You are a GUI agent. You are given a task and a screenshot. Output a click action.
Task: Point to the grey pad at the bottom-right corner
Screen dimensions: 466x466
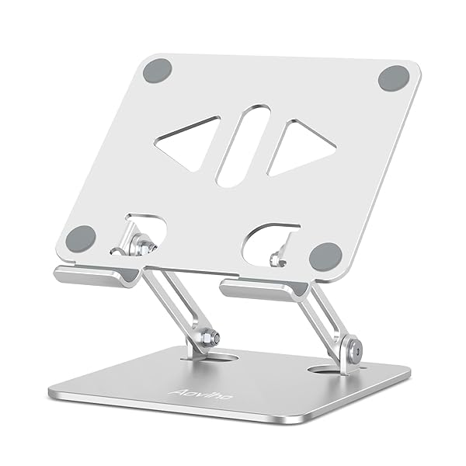(325, 256)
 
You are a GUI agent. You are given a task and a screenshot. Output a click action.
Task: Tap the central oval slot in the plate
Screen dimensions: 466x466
(242, 145)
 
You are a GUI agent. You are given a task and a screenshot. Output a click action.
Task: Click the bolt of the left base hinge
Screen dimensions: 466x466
(207, 339)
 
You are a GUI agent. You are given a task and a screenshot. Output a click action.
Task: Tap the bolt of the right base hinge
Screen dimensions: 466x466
(353, 349)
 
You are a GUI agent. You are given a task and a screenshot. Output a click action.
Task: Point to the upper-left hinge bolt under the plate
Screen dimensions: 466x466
(143, 244)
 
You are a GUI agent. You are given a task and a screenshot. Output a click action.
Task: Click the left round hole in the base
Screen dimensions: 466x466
(210, 356)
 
